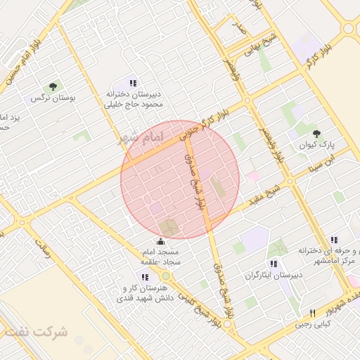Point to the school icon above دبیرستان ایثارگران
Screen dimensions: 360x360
click(273, 263)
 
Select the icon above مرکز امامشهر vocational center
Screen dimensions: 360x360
click(334, 239)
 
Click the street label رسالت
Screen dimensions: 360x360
click(44, 250)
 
